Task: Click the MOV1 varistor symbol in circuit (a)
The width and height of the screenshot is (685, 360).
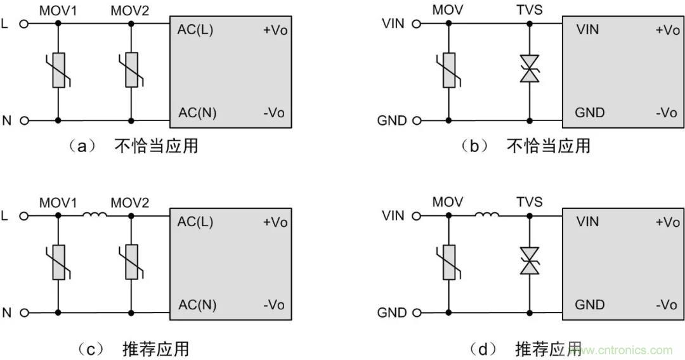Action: pyautogui.click(x=58, y=70)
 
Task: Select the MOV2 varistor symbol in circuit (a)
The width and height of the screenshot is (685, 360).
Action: pyautogui.click(x=131, y=70)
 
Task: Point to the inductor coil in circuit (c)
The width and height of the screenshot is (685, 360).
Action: pyautogui.click(x=95, y=215)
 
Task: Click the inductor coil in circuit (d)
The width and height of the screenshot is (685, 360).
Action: pyautogui.click(x=486, y=215)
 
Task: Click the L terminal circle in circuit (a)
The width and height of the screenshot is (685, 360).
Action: pyautogui.click(x=24, y=24)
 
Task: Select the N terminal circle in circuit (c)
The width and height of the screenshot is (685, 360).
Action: pyautogui.click(x=24, y=312)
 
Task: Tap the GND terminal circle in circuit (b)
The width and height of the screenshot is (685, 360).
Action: pyautogui.click(x=416, y=120)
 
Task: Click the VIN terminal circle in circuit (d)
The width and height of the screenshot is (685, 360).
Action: pyautogui.click(x=416, y=216)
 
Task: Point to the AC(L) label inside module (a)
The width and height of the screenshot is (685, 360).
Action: pyautogui.click(x=195, y=30)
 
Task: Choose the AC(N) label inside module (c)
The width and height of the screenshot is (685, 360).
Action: pyautogui.click(x=197, y=305)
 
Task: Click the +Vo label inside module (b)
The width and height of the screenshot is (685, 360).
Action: pyautogui.click(x=667, y=30)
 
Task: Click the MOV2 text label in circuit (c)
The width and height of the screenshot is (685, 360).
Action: pyautogui.click(x=130, y=203)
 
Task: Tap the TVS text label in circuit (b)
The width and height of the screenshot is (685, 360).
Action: pyautogui.click(x=529, y=11)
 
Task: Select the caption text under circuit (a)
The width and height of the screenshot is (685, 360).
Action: pyautogui.click(x=134, y=146)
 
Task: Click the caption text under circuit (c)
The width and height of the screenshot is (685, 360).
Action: pyautogui.click(x=134, y=348)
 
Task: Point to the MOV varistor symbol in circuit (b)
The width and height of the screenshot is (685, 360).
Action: pyautogui.click(x=448, y=70)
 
